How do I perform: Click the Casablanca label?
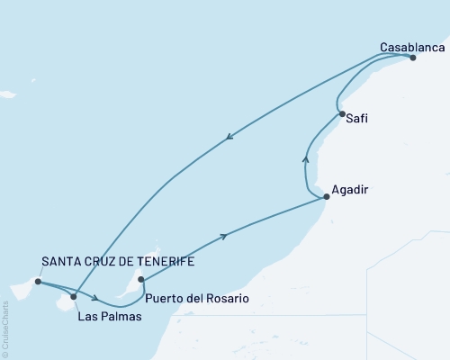point(412,46)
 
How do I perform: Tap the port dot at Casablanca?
point(413,58)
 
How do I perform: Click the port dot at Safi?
point(341,113)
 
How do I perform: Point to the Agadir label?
point(349,190)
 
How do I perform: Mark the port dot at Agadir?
point(326,195)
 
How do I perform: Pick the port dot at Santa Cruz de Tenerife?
point(37,282)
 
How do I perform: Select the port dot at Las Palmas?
point(74,296)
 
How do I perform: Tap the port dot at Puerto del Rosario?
point(140,279)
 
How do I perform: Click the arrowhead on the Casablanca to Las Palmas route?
point(230,137)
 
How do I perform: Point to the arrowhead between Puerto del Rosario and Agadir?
point(222,236)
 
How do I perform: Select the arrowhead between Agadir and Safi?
point(305,159)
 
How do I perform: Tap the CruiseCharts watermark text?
point(5,328)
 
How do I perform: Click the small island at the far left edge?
point(7,94)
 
